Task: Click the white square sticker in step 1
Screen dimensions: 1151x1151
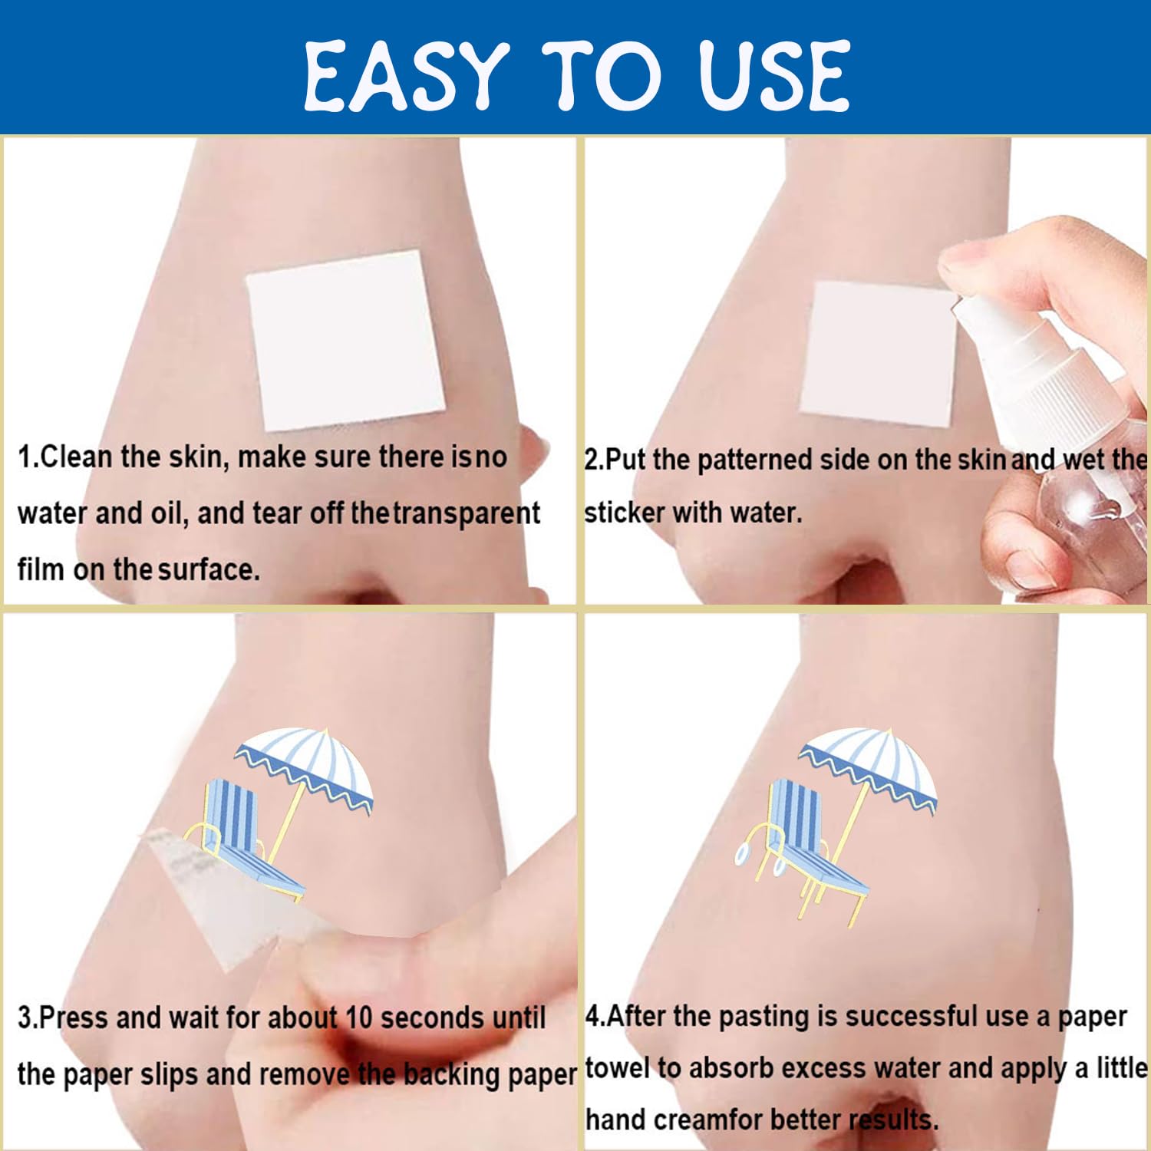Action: click(346, 340)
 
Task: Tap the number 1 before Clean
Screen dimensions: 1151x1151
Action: click(25, 457)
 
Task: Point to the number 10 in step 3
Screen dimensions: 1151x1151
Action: click(358, 1017)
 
